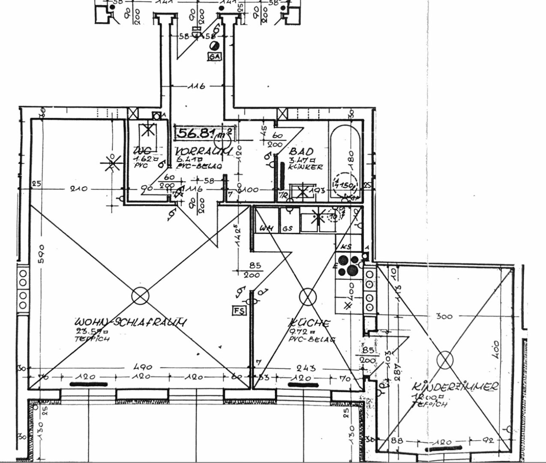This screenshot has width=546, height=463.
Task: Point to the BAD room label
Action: tap(302, 151)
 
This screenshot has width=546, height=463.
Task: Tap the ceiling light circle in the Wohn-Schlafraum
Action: tap(139, 295)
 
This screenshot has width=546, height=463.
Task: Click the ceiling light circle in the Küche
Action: tap(306, 296)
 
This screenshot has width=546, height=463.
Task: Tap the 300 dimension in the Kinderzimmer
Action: tap(444, 316)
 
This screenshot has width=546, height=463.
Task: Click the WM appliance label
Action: tap(268, 228)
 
